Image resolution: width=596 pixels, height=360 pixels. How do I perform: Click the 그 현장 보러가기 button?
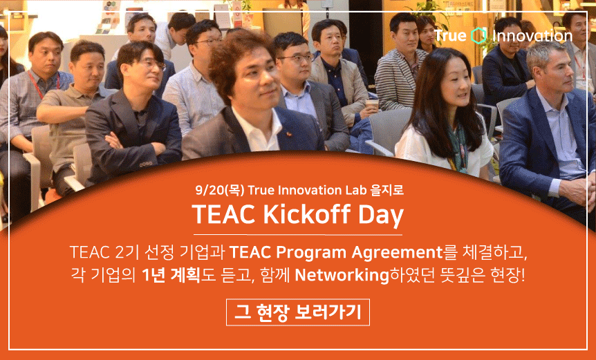pyautogui.click(x=297, y=312)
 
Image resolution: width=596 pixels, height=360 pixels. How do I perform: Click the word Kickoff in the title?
pyautogui.click(x=306, y=214)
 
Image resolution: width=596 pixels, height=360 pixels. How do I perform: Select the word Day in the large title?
pyautogui.click(x=380, y=216)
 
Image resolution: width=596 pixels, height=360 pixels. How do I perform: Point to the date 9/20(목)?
pyautogui.click(x=220, y=189)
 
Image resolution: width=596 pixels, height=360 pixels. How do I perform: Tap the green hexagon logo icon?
pyautogui.click(x=478, y=36)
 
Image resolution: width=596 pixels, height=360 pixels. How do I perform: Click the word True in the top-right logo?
pyautogui.click(x=450, y=36)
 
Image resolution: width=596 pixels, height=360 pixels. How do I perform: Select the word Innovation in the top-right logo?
pyautogui.click(x=532, y=36)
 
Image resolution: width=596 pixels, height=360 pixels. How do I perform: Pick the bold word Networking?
pyautogui.click(x=342, y=275)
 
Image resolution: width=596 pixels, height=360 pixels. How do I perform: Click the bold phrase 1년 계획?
pyautogui.click(x=171, y=275)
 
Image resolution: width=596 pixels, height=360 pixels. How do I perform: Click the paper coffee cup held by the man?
pyautogui.click(x=372, y=105)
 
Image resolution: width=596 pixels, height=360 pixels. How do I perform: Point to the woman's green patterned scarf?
pyautogui.click(x=458, y=146)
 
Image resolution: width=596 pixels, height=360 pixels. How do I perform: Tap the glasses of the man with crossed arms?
pyautogui.click(x=151, y=64)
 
